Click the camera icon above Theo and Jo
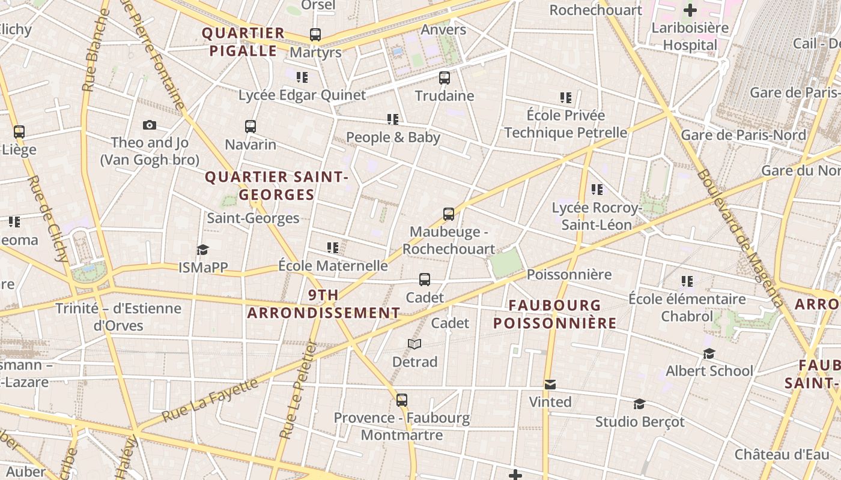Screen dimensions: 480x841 [150, 125]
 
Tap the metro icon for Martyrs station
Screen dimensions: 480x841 [315, 35]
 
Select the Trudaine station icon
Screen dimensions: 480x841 [445, 78]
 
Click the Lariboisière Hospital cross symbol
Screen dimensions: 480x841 [690, 10]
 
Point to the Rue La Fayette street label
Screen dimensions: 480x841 [210, 400]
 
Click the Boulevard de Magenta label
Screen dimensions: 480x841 [740, 238]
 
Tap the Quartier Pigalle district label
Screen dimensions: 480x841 [243, 42]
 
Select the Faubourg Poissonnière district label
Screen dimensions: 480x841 [554, 314]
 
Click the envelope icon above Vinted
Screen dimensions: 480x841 [550, 385]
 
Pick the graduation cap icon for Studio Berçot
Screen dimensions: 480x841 [640, 404]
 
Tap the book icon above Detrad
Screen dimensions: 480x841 [414, 344]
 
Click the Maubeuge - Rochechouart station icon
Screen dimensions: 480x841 [449, 214]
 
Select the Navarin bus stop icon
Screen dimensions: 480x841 [250, 127]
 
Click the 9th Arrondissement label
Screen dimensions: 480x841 [323, 304]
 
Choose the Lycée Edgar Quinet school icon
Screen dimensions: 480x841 [302, 77]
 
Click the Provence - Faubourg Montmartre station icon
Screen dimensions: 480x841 [402, 400]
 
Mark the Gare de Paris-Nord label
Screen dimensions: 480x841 [743, 135]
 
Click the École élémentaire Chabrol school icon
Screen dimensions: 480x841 [687, 281]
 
